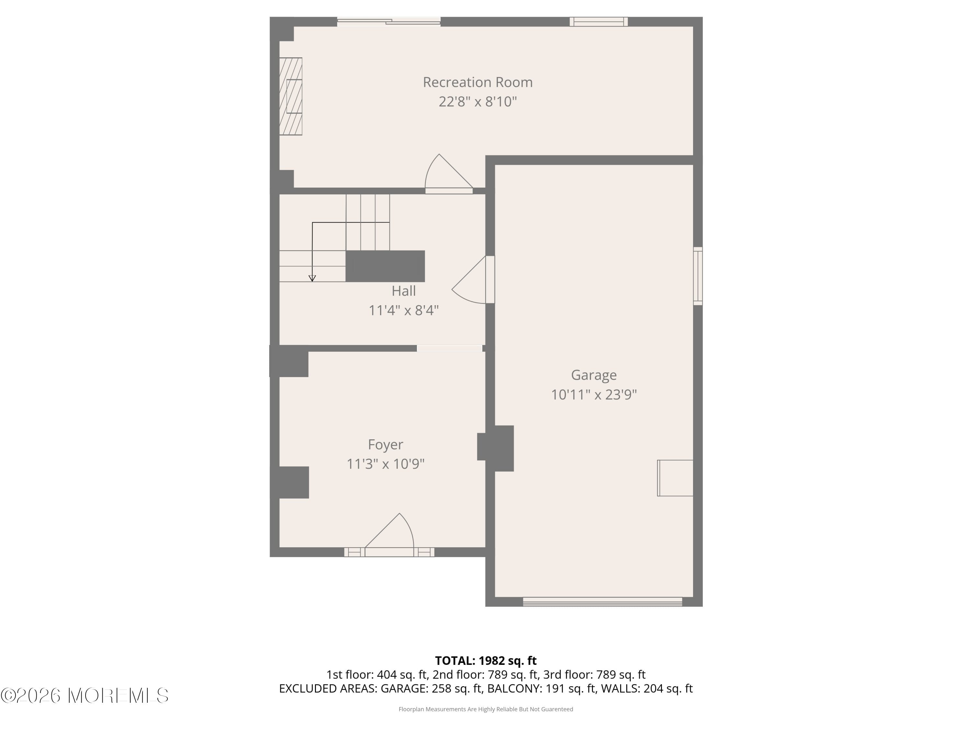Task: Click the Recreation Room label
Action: coord(478,82)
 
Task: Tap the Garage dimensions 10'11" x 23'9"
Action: coord(594,395)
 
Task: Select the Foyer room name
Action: coord(385,445)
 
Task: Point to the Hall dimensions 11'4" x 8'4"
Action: coord(403,310)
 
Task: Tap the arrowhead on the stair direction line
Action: coord(312,278)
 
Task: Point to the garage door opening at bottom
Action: coord(602,602)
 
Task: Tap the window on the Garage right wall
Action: coord(698,276)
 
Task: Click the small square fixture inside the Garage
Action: coord(675,478)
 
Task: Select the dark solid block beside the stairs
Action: coord(385,266)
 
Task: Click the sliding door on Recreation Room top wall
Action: coord(389,21)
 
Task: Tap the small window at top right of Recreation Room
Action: coord(598,21)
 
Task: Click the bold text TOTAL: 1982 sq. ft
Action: coord(486,660)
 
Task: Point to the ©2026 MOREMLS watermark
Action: coord(84,696)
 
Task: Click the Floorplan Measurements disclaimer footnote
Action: coord(486,709)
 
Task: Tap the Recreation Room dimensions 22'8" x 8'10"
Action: coord(478,101)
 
